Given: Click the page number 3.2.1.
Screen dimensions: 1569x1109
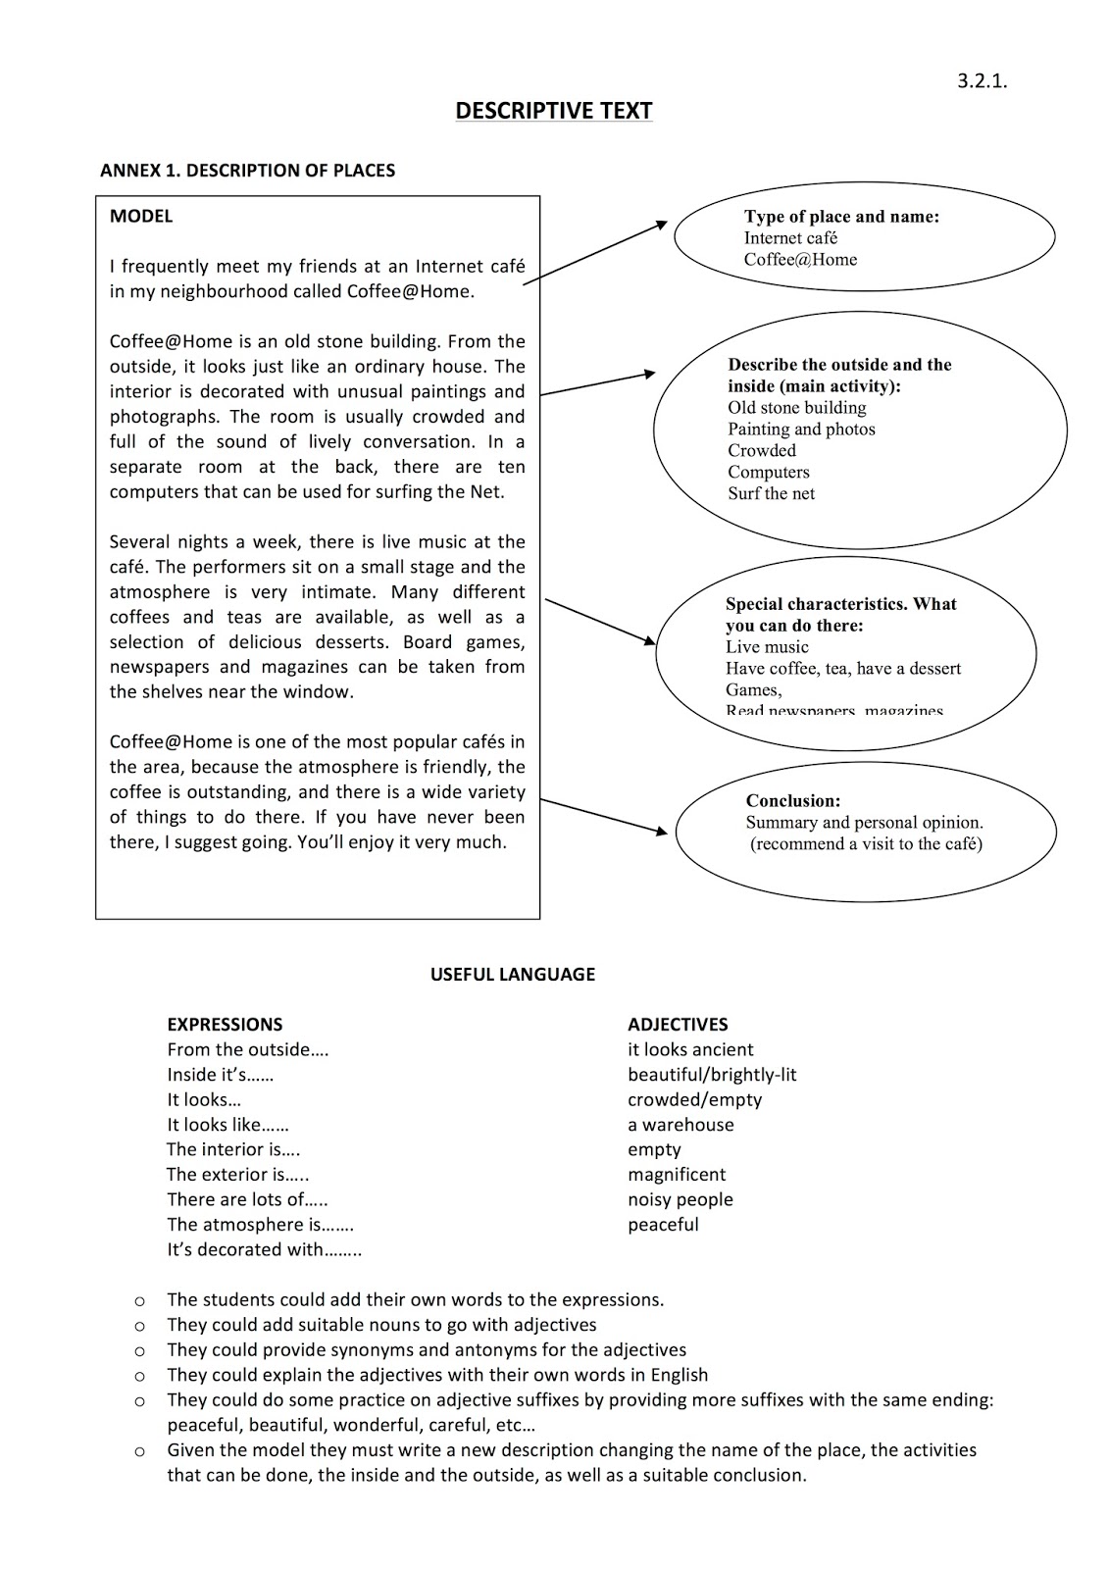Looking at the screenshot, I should click(982, 80).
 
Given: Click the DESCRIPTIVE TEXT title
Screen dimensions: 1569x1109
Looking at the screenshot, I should click(553, 111).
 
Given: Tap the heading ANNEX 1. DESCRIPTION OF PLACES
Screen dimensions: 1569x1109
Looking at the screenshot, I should click(247, 171).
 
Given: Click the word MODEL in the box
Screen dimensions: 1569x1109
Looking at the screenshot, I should click(141, 217).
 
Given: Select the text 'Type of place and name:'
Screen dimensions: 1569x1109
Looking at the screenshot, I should click(841, 217).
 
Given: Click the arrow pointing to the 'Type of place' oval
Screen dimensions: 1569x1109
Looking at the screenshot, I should click(595, 253).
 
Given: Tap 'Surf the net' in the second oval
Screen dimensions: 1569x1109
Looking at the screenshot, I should click(771, 493).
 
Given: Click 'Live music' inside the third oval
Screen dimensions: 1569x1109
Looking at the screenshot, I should click(767, 647).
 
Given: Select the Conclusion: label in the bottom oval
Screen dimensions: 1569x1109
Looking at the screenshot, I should click(793, 801).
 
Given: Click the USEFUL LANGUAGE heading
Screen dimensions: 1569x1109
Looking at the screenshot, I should click(512, 975).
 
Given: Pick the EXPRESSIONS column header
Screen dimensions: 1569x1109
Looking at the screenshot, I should click(225, 1025).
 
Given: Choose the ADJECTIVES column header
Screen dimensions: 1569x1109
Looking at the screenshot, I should click(678, 1025).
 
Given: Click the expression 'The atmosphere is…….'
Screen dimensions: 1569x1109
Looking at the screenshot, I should click(260, 1225).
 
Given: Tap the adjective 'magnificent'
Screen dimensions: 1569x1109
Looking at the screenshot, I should click(677, 1175).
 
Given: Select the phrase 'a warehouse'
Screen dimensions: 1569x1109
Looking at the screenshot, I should click(681, 1125).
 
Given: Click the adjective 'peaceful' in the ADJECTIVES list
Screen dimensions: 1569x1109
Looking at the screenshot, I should click(663, 1225).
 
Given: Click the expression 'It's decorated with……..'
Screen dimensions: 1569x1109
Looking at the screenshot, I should click(264, 1250).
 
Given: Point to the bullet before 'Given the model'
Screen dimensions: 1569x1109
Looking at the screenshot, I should click(139, 1450).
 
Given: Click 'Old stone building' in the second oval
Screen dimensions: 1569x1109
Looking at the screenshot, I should click(796, 408).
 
